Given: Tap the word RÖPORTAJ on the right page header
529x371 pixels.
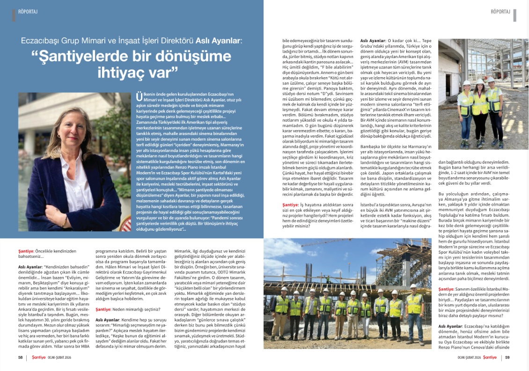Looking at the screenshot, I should click(x=500, y=12).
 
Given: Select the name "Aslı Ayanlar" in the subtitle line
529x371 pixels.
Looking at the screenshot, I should click(x=218, y=41).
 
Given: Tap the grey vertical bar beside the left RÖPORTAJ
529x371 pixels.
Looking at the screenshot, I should click(x=14, y=15).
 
